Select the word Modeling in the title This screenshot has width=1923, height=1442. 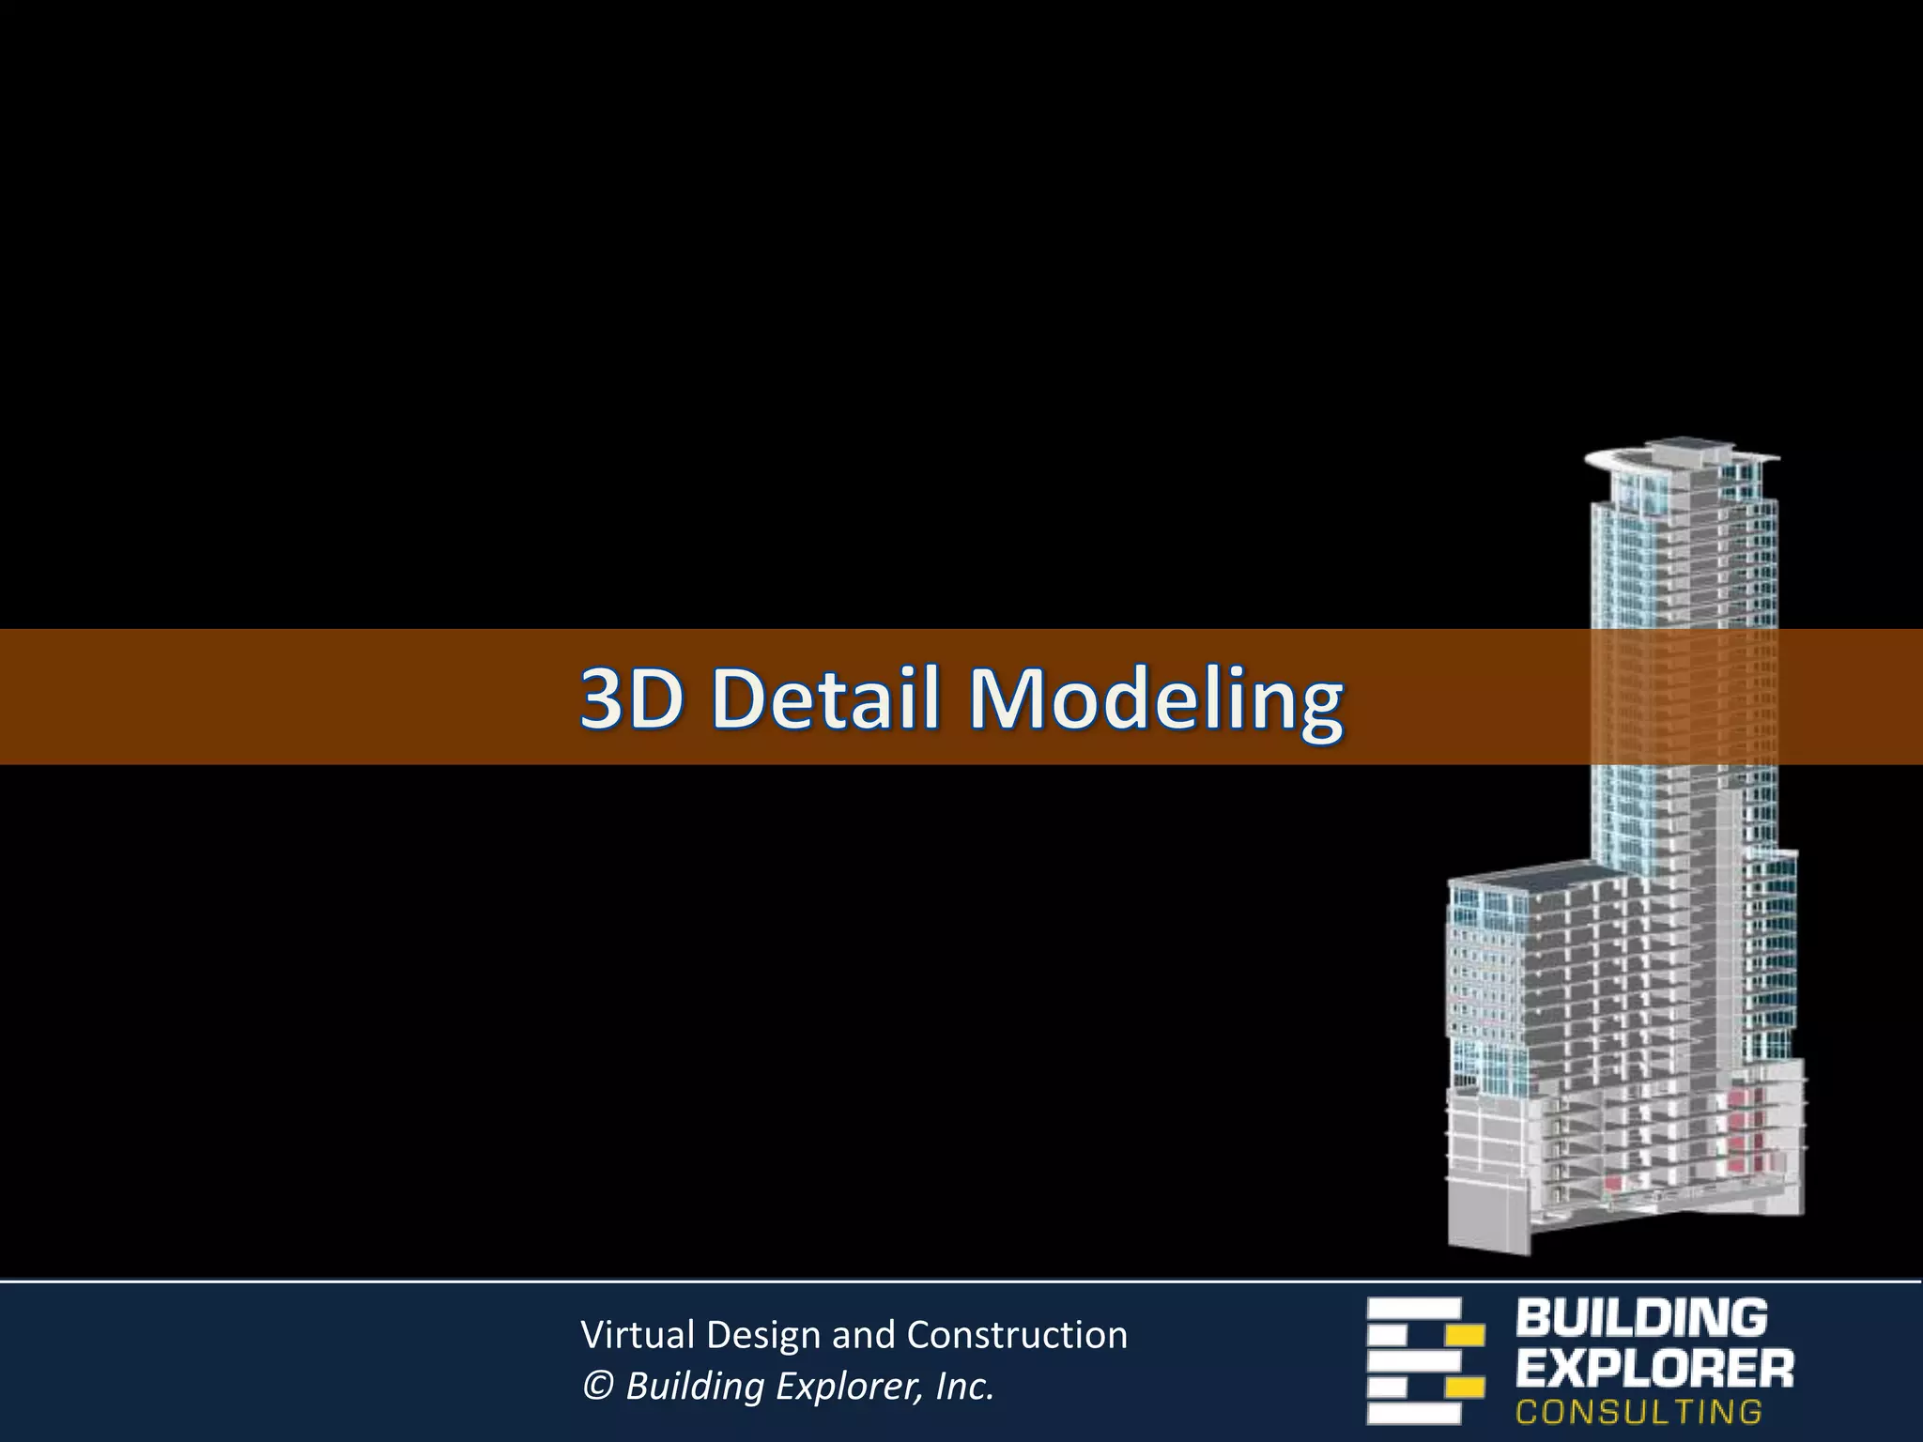1155,699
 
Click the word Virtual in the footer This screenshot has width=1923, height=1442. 638,1335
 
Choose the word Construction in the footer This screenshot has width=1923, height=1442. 1017,1335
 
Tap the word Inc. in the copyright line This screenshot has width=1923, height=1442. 964,1387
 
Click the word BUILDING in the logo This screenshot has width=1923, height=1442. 1640,1318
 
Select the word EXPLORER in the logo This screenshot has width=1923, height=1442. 1654,1370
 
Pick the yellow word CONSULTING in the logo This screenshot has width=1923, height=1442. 1638,1412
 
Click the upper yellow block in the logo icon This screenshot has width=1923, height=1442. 1464,1334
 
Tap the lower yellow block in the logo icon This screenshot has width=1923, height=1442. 1464,1388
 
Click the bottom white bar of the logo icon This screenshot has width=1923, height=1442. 1413,1413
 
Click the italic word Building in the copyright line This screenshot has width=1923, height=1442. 695,1387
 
